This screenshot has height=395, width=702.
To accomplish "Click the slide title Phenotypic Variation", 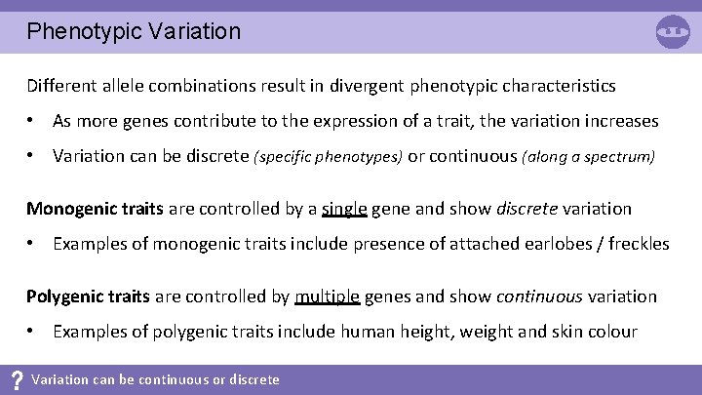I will point(134,31).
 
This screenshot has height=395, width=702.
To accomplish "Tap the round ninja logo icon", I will point(673,32).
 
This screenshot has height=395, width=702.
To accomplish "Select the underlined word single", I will point(343,209).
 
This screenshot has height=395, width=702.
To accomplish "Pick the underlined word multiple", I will point(328,296).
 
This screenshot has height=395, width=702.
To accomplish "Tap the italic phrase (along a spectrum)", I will point(589,157).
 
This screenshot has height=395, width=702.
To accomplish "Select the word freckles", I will point(639,244).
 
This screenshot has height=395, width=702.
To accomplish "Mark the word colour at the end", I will point(611,332).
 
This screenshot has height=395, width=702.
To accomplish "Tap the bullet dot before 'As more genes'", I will point(32,122).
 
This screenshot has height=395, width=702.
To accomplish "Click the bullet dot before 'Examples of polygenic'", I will point(32,332).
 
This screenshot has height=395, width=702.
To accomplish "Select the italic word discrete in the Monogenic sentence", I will point(528,209).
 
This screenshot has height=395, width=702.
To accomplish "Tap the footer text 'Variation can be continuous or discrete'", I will point(155,380).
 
